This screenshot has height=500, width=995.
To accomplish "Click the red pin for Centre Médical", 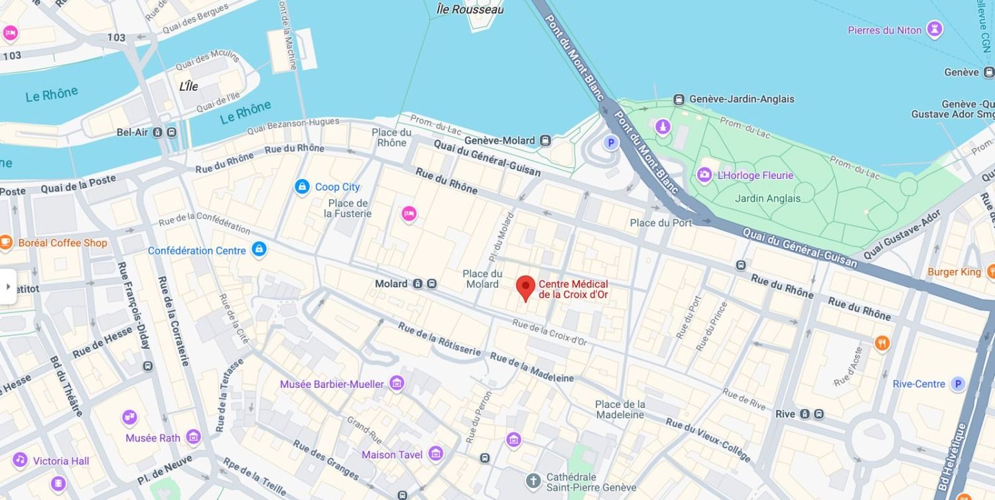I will coord(525,288).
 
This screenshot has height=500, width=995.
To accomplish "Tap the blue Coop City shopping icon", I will coord(302,187).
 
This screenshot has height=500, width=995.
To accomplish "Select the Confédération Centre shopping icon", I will coord(259,249).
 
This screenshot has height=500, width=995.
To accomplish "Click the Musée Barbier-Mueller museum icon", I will coord(397,383).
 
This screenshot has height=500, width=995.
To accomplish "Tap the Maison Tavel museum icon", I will coord(436,454).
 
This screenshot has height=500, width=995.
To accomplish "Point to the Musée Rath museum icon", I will coord(193,437).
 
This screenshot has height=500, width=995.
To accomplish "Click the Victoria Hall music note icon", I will coord(21,460).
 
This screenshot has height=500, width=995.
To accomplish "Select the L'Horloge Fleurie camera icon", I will coord(704,175).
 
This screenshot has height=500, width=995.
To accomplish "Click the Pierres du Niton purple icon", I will coord(935,29).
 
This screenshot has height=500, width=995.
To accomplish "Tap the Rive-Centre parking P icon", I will coord(957,384).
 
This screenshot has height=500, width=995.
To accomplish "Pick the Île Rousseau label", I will coord(470,9).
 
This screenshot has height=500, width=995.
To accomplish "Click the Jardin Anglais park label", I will coord(767,198).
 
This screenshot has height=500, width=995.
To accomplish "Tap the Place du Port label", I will coord(660,223).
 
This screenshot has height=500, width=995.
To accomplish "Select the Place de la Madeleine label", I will coord(620,409).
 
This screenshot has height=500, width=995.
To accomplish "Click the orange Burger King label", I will coord(954,272).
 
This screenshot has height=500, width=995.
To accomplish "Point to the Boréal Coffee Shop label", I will coord(62,243).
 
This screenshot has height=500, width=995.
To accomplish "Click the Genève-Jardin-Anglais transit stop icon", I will coord(679,99).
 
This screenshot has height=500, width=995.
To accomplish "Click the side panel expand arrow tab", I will coord(8,286).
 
